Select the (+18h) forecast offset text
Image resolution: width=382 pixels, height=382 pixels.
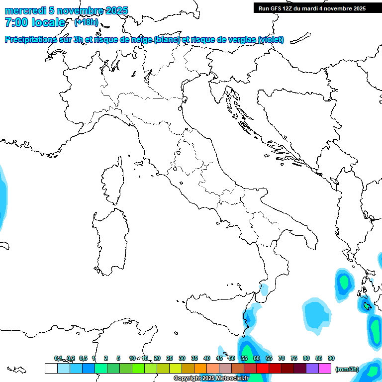pyautogui.click(x=86, y=22)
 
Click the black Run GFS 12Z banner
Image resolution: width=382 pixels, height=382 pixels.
pyautogui.click(x=311, y=8)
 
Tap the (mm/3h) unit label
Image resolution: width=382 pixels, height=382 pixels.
pyautogui.click(x=347, y=369)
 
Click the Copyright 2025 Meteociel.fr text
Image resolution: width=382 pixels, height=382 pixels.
pyautogui.click(x=211, y=379)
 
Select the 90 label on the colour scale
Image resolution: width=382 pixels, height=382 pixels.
pyautogui.click(x=331, y=358)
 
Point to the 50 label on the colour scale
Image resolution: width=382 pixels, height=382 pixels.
pyautogui.click(x=232, y=358)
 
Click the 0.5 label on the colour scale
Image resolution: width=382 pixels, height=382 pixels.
pyautogui.click(x=83, y=358)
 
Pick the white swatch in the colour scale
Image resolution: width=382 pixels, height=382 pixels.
pyautogui.click(x=51, y=368)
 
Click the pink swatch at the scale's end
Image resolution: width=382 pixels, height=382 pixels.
pyautogui.click(x=325, y=368)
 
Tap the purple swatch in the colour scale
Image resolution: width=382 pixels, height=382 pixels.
pyautogui.click(x=312, y=368)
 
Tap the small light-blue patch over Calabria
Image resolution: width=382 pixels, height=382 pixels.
pyautogui.click(x=264, y=288)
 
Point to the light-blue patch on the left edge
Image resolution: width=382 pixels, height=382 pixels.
pyautogui.click(x=2, y=196)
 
